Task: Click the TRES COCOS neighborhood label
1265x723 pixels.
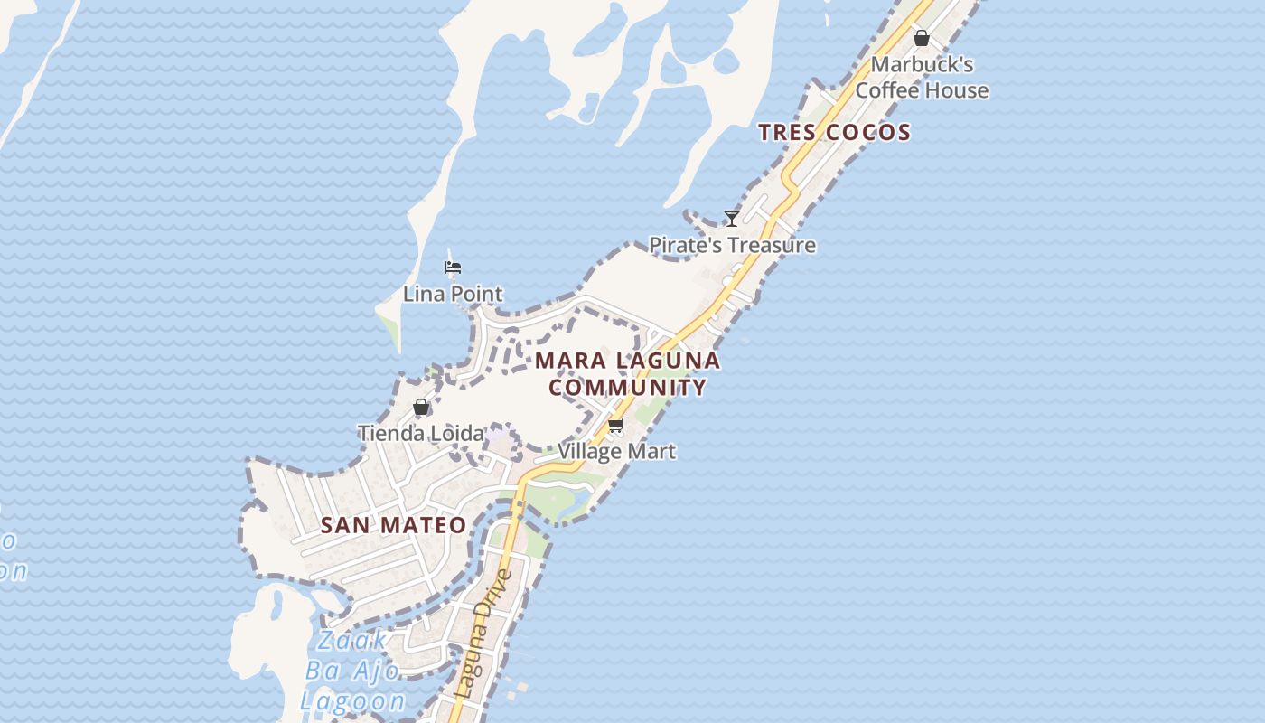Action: coord(834,132)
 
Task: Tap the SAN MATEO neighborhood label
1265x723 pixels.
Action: coord(394,525)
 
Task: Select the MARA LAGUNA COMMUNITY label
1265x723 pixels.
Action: coord(628,374)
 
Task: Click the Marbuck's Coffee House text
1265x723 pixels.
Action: coord(922,78)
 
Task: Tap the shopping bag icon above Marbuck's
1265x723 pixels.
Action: coord(921,38)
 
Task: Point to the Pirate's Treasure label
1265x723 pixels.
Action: coord(732,245)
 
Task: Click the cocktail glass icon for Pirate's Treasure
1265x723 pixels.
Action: coord(732,219)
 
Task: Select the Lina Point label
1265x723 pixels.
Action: coord(453,294)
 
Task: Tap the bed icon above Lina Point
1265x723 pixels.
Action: coord(453,268)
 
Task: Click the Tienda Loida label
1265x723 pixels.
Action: coord(421,433)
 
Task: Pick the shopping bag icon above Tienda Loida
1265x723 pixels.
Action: coord(420,407)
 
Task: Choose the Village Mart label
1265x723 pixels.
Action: coord(616,451)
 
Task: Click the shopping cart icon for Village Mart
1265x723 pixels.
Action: coord(616,425)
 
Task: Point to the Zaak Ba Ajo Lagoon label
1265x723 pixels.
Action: coord(353,671)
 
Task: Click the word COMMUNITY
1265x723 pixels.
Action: coord(628,388)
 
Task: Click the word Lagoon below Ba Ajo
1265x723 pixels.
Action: coord(353,700)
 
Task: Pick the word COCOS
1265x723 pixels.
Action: coord(872,132)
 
